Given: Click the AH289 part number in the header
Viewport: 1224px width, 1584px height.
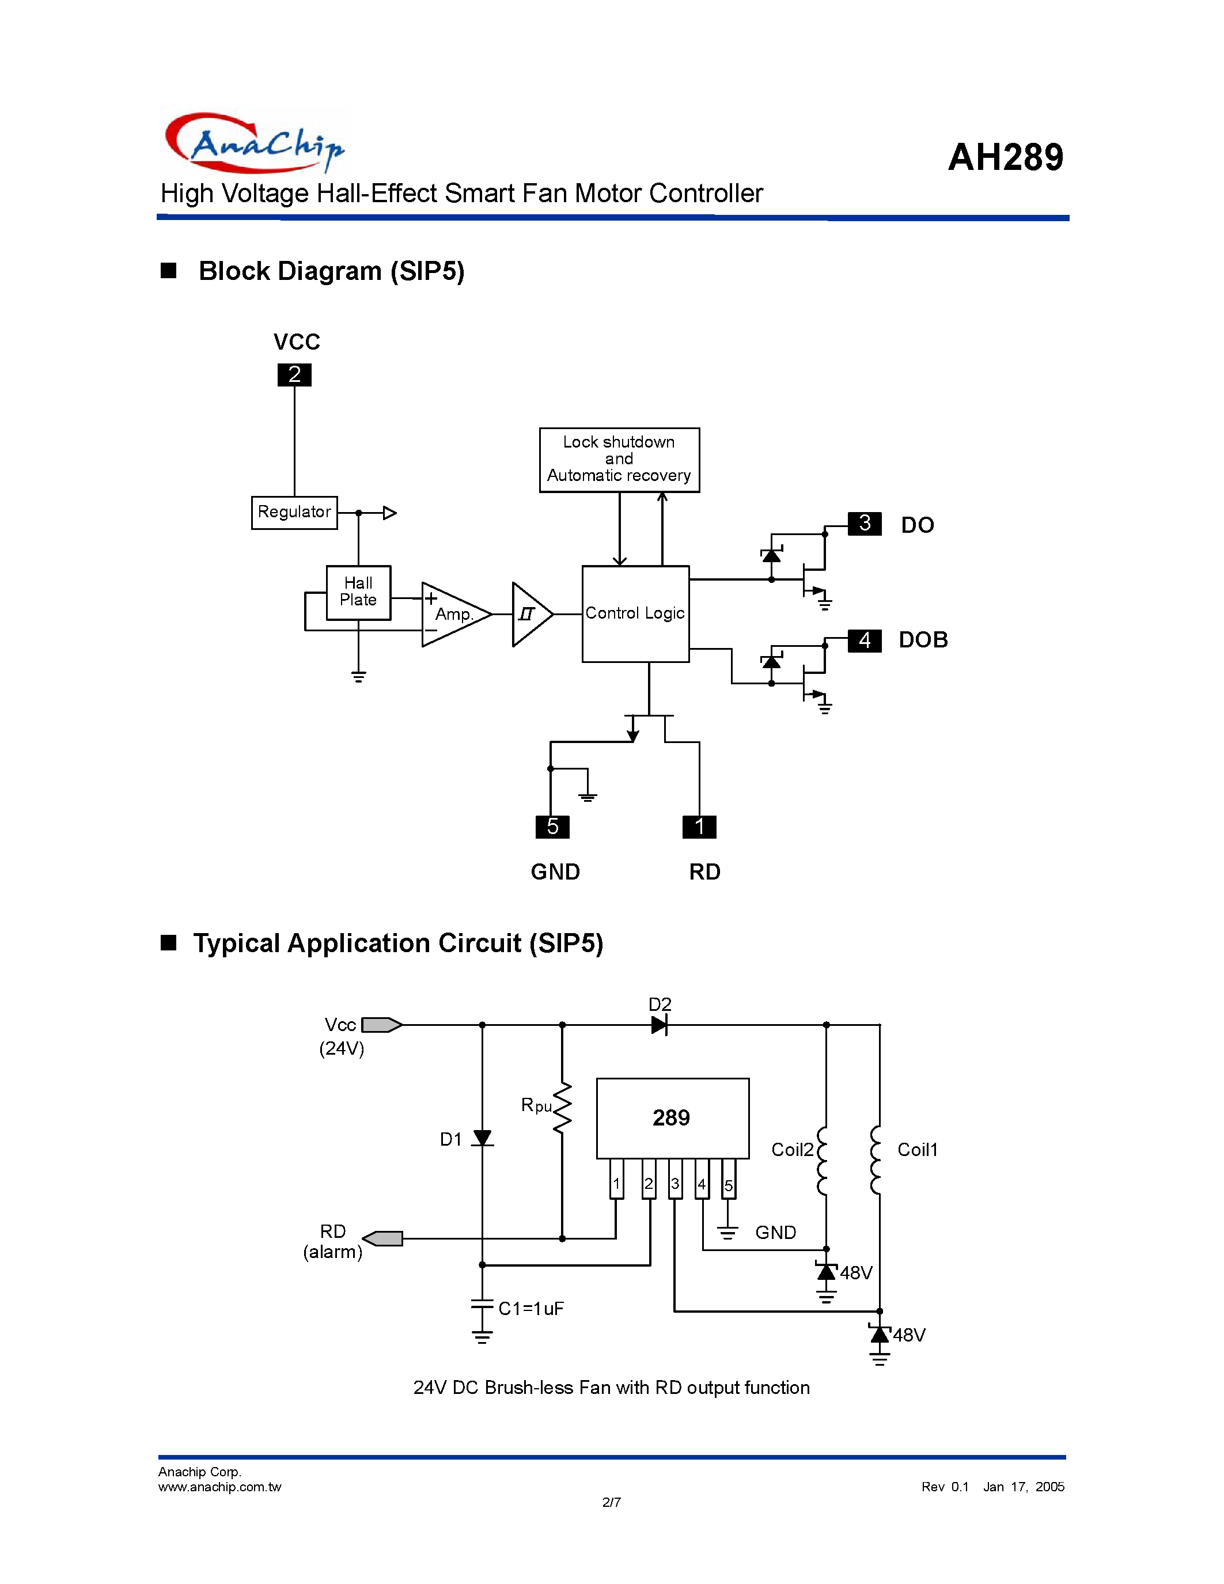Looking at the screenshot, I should (x=1005, y=157).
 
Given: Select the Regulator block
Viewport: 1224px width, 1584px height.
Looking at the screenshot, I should (x=294, y=512).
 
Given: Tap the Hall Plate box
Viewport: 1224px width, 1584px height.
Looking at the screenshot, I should (x=358, y=592).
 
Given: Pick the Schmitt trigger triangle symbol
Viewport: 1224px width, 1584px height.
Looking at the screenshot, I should (x=529, y=615).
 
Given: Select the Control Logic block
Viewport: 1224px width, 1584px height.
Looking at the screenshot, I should (x=635, y=613).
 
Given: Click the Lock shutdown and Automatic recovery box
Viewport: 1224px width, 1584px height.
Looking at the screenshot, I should (x=619, y=459).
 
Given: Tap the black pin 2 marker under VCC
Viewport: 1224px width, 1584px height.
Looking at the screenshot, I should (x=294, y=375).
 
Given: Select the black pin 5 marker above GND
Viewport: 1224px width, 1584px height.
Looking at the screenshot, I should (x=552, y=827).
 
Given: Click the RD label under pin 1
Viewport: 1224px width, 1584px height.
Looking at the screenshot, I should (x=704, y=872).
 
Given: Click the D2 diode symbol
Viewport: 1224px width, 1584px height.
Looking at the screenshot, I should (x=658, y=1025).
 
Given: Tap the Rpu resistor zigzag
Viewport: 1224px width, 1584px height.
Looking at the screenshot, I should (x=562, y=1108).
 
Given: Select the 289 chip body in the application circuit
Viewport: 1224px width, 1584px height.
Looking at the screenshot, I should (x=672, y=1117).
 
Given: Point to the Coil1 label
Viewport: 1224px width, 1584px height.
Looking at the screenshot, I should (x=917, y=1150).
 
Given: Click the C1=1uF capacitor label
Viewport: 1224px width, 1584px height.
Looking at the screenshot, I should (x=531, y=1309).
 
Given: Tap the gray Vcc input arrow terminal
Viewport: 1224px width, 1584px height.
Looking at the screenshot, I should (x=381, y=1025).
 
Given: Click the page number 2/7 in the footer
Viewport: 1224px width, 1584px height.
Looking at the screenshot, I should (x=611, y=1502).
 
